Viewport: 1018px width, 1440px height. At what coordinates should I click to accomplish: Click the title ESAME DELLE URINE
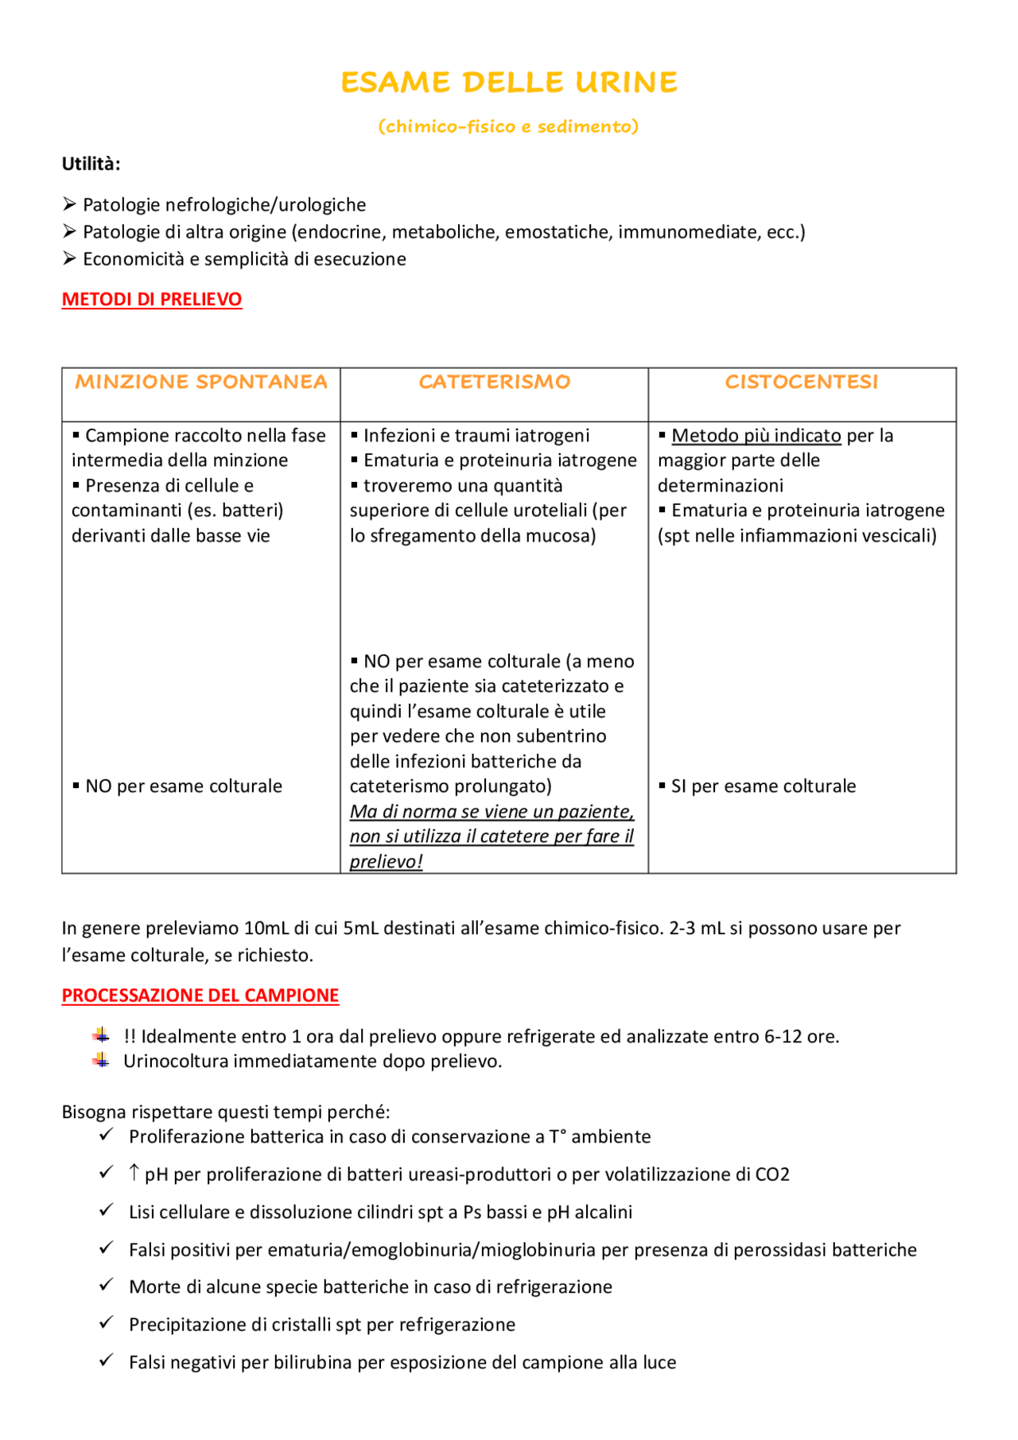[x=509, y=83]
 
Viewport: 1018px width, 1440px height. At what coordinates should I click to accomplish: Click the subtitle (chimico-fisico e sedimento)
[x=509, y=126]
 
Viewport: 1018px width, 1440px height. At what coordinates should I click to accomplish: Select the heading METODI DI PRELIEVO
[x=152, y=300]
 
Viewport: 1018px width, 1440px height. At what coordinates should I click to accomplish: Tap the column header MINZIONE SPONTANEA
[x=201, y=382]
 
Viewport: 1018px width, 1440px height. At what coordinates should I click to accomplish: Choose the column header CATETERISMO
[x=494, y=382]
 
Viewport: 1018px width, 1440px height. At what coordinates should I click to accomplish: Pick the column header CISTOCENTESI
[x=802, y=382]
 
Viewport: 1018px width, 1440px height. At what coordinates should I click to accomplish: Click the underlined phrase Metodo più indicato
[x=756, y=436]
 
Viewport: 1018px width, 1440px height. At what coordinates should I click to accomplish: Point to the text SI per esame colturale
[x=763, y=786]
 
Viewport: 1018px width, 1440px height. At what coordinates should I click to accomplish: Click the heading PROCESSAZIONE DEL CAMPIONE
[x=200, y=996]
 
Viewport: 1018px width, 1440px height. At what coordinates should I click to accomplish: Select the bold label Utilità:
[x=91, y=165]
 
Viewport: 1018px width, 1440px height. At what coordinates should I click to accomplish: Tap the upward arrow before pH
[x=134, y=1173]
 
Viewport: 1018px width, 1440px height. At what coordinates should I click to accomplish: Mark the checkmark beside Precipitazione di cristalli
[x=107, y=1323]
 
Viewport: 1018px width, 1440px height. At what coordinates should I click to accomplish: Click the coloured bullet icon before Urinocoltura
[x=101, y=1061]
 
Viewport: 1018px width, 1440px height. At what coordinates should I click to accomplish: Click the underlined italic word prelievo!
[x=387, y=862]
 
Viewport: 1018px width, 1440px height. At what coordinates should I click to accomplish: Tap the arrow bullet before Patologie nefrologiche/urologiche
[x=70, y=205]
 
